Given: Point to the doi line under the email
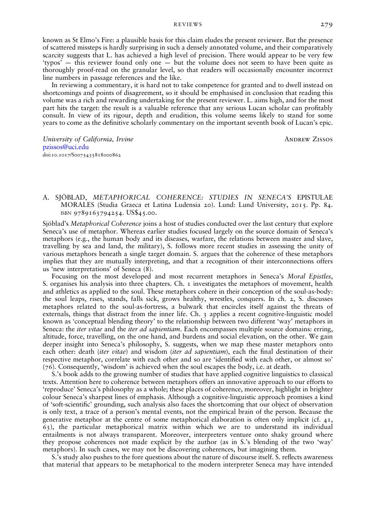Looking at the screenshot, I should pyautogui.click(x=81, y=155).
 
